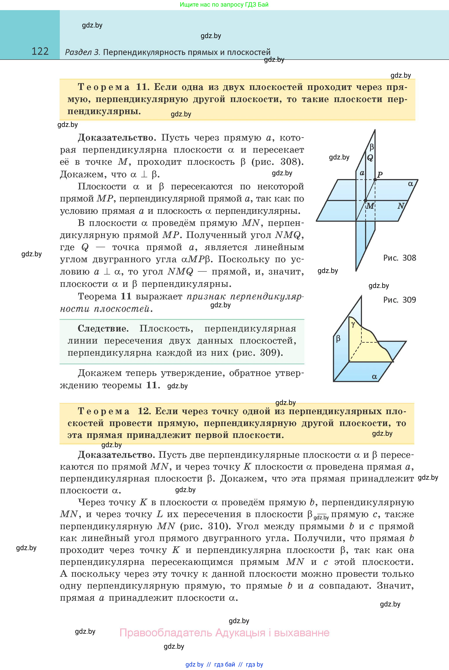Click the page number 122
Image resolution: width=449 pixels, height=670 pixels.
[40, 51]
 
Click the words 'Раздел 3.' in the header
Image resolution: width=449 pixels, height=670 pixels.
[82, 52]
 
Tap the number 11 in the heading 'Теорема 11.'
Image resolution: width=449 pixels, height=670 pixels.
[142, 87]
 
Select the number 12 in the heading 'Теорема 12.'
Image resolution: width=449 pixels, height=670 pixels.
[144, 411]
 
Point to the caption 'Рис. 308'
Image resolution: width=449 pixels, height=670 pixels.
[400, 258]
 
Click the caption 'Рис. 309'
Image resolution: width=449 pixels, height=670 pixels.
[400, 300]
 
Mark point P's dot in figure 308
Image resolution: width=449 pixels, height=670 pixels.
[375, 180]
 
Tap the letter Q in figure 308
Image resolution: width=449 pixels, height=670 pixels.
[370, 158]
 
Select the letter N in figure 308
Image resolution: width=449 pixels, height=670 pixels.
[401, 205]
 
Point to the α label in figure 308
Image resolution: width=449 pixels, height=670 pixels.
[411, 184]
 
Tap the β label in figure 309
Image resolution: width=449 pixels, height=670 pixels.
[338, 339]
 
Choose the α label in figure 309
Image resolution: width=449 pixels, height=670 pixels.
[374, 377]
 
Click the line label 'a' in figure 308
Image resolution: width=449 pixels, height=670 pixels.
[362, 173]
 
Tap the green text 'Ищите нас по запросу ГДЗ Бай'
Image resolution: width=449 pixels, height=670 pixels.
[224, 5]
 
